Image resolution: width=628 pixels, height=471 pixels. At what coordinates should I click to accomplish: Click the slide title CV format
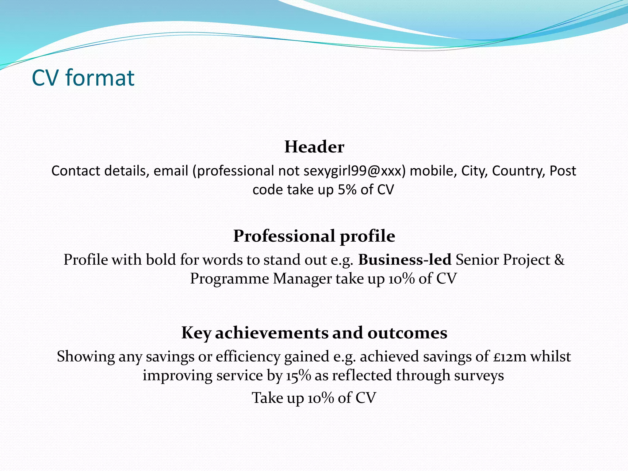(83, 78)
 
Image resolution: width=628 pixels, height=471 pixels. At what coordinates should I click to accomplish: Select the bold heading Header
(314, 147)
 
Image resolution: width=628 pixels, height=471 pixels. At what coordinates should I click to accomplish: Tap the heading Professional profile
(314, 236)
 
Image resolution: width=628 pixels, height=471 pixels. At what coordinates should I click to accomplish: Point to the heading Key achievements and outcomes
(314, 333)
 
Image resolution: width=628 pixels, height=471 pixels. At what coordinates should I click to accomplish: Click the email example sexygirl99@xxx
(352, 171)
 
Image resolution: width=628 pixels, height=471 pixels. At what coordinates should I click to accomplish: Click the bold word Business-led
(405, 260)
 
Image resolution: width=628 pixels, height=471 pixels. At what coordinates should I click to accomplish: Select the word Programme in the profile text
(229, 279)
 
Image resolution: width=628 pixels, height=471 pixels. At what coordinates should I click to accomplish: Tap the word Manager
(302, 279)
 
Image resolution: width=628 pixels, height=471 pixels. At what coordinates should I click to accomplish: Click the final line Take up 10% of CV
(314, 398)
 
